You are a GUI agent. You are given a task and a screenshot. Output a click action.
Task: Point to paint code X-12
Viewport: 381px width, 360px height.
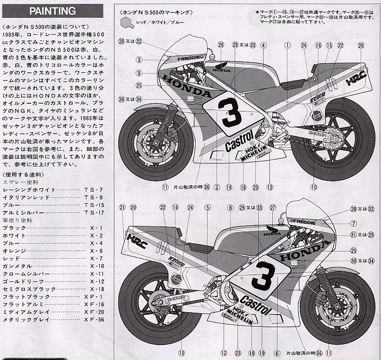click(x=97, y=281)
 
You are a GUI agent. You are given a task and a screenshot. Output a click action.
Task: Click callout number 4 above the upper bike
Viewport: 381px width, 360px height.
click(x=263, y=45)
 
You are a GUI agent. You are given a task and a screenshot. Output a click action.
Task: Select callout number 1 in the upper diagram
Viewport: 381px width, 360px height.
click(x=287, y=45)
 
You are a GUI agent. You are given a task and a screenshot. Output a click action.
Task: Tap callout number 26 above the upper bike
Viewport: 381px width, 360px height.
click(x=221, y=45)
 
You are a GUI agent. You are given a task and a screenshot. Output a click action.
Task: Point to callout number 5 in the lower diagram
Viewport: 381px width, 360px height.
click(x=207, y=208)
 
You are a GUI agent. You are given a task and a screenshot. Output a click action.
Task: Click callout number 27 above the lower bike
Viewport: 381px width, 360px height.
click(x=272, y=208)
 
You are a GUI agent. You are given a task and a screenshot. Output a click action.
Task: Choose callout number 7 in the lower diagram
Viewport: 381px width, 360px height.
click(x=353, y=223)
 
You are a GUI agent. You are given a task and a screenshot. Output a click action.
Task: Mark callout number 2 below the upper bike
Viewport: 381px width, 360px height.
click(x=217, y=187)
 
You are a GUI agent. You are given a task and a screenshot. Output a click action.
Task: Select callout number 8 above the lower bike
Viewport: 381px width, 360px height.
click(x=231, y=208)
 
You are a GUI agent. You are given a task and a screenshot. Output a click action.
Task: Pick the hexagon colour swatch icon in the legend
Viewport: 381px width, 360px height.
click(x=126, y=22)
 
